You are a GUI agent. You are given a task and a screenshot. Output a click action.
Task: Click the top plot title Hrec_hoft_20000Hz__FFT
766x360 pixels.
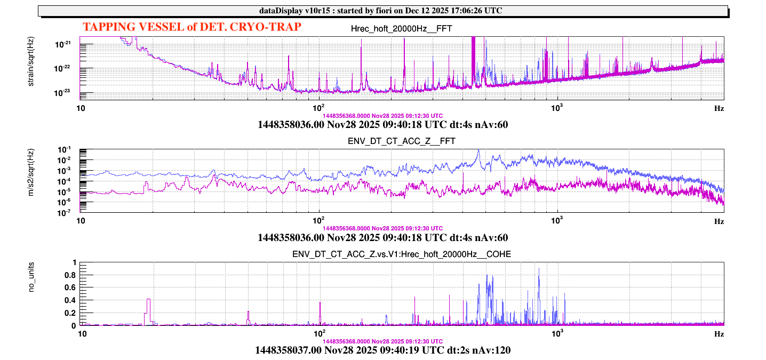[x=402, y=29]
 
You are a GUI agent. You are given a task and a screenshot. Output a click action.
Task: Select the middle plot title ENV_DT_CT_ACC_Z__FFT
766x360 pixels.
[x=402, y=141]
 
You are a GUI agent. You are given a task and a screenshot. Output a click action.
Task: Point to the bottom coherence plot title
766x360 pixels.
[x=402, y=254]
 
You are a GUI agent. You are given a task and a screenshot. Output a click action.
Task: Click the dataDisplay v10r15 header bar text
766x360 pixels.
[x=382, y=11]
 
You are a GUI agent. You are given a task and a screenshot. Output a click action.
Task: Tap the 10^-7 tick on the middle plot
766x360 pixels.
[x=70, y=213]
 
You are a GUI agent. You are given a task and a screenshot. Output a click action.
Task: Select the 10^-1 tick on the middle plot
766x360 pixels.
[x=70, y=150]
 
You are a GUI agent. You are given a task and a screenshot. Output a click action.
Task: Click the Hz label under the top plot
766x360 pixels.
[x=719, y=108]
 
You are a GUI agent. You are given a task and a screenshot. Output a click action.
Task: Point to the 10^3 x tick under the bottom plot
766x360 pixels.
[x=557, y=333]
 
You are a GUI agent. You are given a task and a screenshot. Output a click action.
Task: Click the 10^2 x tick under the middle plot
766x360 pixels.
[x=319, y=220]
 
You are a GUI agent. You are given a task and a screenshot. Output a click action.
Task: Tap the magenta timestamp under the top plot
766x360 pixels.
[x=382, y=115]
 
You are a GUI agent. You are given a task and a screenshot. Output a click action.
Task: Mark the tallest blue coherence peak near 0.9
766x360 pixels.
[x=539, y=269]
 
